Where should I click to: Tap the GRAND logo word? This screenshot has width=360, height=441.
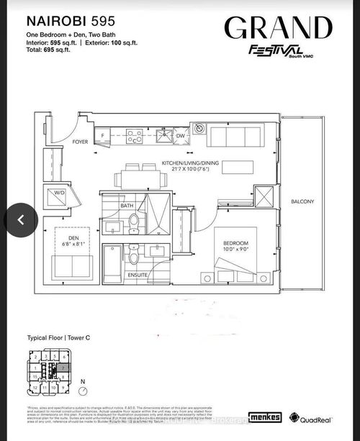(x=278, y=28)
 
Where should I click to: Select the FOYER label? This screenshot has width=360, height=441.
(x=81, y=142)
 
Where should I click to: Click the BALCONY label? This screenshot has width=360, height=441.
(x=302, y=201)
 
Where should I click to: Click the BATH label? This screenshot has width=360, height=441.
(x=127, y=206)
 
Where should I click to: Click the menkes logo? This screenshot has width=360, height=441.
(x=265, y=417)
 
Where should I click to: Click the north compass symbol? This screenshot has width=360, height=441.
(x=85, y=391)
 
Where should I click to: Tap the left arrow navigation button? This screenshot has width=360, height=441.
(x=21, y=219)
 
